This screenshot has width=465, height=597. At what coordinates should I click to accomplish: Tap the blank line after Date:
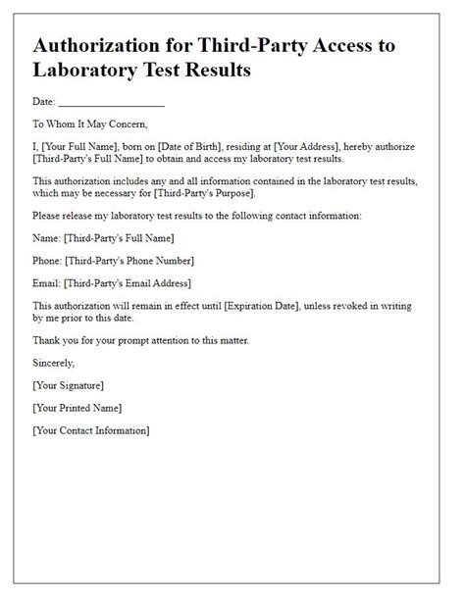112,103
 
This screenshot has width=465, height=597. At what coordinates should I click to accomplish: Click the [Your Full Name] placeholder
84,146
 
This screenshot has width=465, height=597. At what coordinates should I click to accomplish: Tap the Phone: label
50,260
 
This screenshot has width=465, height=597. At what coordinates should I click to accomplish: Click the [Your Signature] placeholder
69,385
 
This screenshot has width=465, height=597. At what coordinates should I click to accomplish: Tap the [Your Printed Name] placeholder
77,408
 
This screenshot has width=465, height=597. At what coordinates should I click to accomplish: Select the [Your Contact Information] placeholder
91,430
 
